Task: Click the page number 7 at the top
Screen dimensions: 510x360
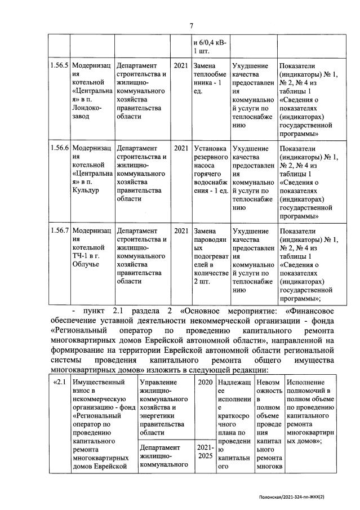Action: coord(191,25)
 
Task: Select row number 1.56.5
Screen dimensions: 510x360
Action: coord(59,65)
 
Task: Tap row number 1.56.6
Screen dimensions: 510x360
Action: coord(59,148)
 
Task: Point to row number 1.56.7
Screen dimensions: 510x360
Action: coord(59,231)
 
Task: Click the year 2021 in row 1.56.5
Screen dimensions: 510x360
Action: coord(181,65)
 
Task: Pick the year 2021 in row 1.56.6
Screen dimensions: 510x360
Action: coord(181,148)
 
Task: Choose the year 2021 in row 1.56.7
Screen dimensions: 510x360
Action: coord(181,231)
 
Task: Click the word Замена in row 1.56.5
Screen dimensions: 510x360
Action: coord(204,65)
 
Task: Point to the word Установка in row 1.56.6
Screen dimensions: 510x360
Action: coord(209,148)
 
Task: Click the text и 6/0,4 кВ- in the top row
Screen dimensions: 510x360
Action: coord(210,43)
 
